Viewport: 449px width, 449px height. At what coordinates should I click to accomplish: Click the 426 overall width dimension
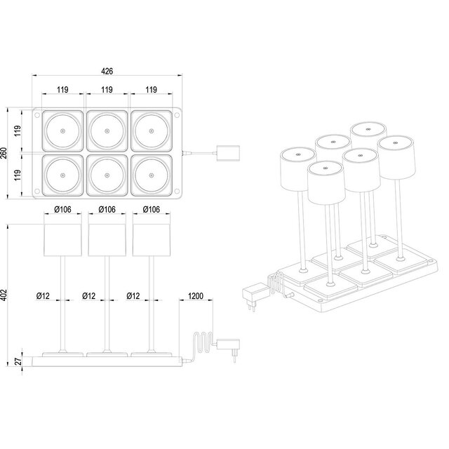(x=107, y=72)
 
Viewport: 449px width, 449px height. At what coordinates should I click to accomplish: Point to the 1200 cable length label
(x=196, y=296)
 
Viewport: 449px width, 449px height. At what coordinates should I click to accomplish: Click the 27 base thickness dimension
(x=19, y=362)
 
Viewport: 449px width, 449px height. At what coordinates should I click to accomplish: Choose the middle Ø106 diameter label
(x=107, y=208)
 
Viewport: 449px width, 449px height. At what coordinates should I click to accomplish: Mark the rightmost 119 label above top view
(x=151, y=90)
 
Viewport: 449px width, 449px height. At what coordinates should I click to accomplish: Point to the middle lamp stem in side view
(x=107, y=302)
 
